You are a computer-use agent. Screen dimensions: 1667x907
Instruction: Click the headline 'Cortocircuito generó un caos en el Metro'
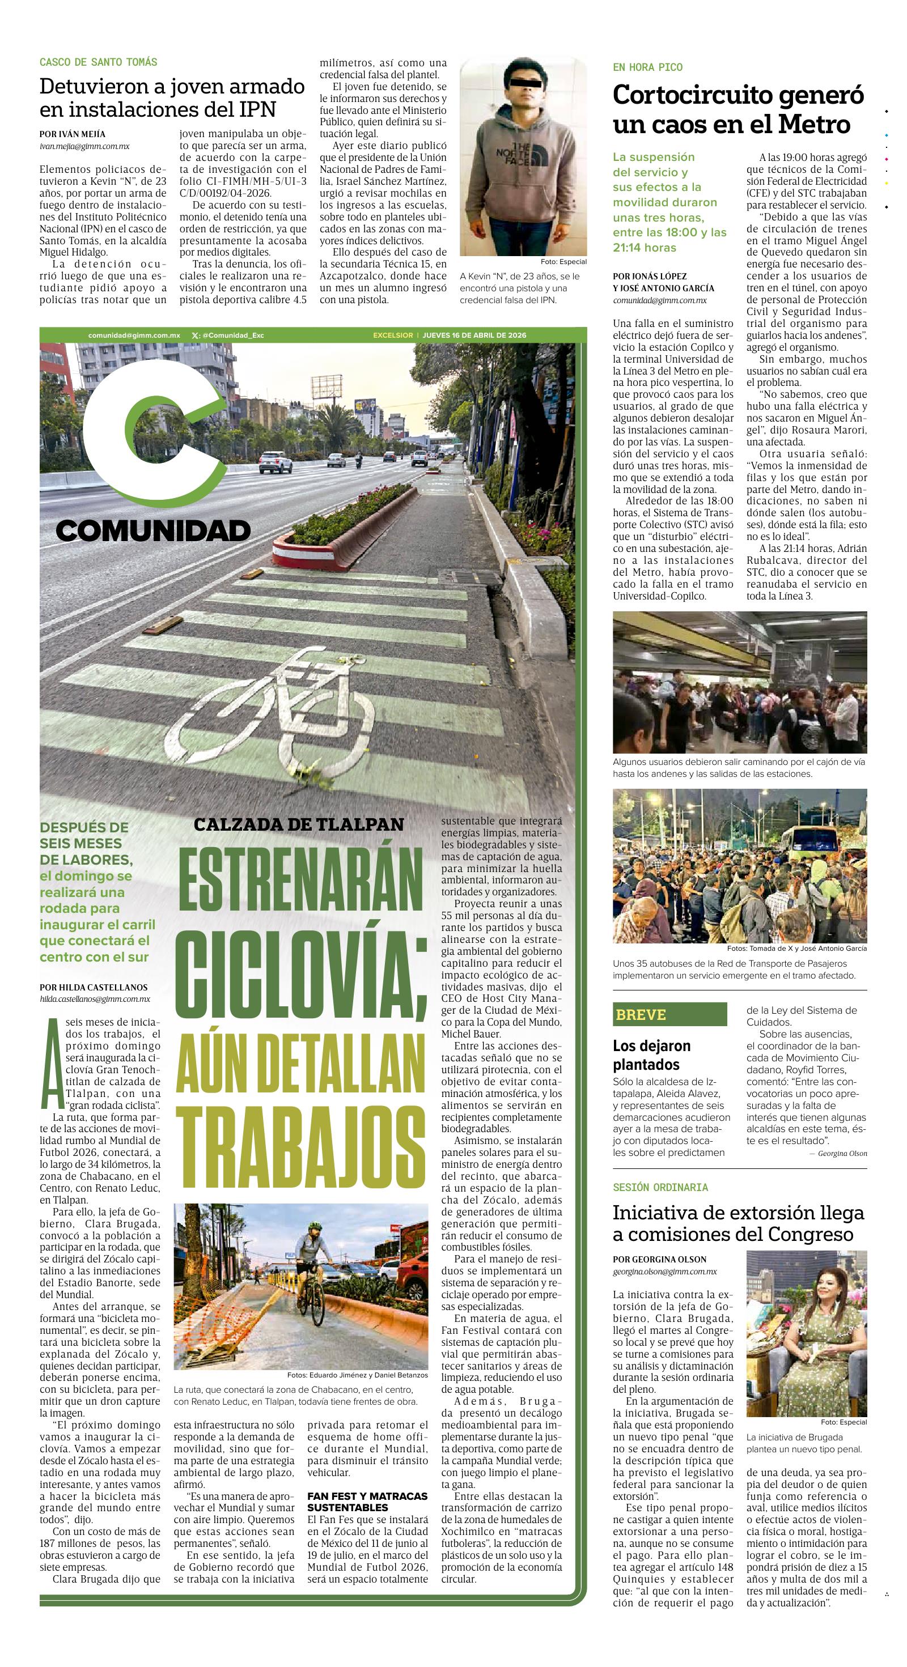738,109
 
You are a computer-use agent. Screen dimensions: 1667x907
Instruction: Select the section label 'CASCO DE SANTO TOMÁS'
99,62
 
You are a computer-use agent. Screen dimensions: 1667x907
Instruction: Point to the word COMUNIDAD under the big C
153,531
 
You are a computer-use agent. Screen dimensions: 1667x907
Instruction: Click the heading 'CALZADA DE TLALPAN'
298,824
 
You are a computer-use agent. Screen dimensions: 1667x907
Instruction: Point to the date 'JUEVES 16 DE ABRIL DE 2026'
474,335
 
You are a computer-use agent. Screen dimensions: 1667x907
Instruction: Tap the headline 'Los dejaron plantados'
652,1055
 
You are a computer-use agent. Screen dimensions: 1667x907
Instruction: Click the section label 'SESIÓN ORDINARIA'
660,1188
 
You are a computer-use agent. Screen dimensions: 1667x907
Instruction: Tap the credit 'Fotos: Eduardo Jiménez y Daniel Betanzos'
357,1375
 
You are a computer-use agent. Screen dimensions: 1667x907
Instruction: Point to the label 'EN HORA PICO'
647,67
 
